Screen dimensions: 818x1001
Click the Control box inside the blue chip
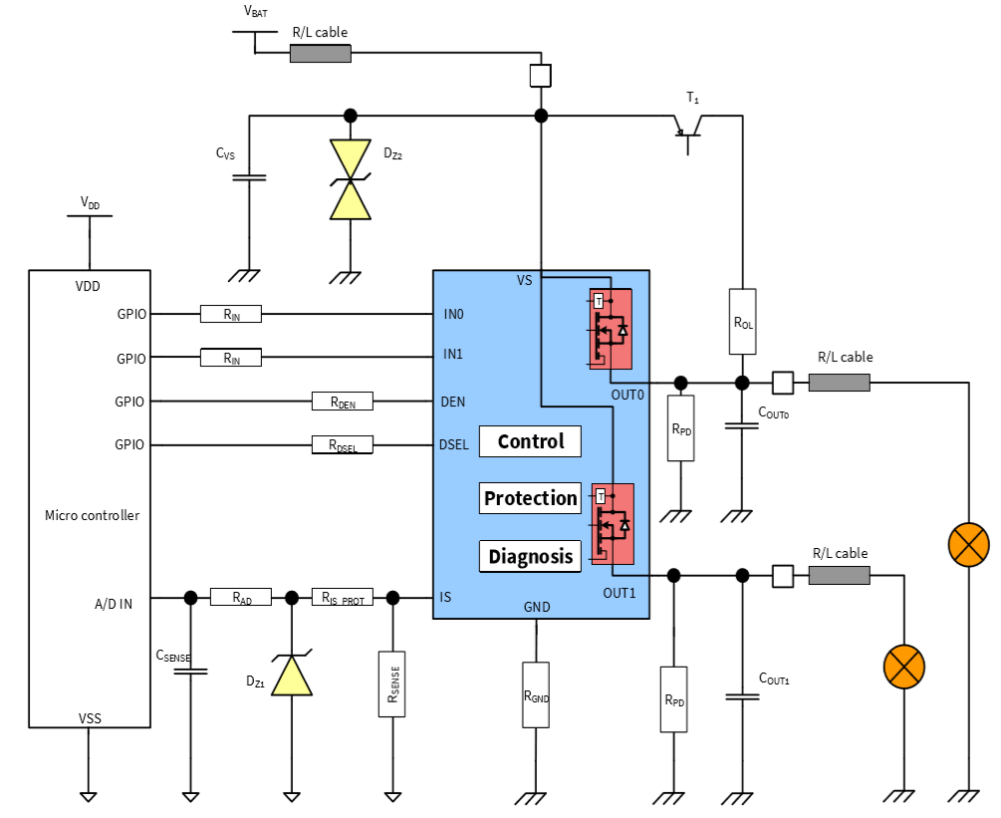(x=530, y=441)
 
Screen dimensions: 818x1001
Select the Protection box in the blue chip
(x=530, y=498)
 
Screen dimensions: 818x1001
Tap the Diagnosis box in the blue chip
(x=530, y=556)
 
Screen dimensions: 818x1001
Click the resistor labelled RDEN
(x=343, y=402)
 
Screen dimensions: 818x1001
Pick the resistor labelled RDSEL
(x=343, y=444)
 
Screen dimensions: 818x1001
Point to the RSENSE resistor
(x=392, y=683)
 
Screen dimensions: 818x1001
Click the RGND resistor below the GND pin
(x=536, y=694)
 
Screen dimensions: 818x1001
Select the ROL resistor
(x=742, y=322)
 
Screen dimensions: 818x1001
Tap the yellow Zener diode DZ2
(x=351, y=179)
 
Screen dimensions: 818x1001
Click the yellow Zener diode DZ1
(x=292, y=673)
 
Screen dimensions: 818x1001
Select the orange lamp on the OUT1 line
(x=903, y=666)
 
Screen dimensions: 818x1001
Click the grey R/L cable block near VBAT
(x=320, y=53)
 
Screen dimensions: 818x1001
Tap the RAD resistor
(x=240, y=598)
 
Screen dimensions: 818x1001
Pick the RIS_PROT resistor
(x=343, y=598)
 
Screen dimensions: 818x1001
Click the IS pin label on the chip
(x=445, y=598)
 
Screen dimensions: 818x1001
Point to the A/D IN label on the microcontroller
(x=114, y=602)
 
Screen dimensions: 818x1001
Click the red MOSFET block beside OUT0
(x=611, y=329)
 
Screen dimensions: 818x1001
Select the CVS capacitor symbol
(x=249, y=177)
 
